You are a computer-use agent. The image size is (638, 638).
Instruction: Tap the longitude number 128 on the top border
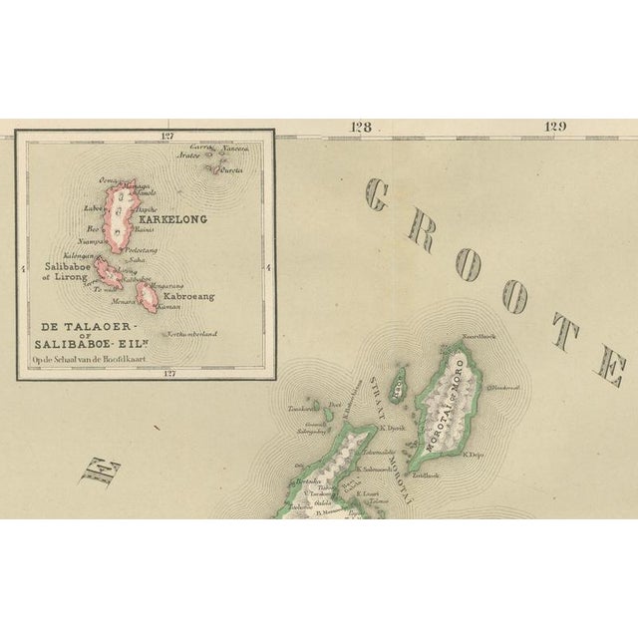click(360, 127)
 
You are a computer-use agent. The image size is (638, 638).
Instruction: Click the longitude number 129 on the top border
click(554, 127)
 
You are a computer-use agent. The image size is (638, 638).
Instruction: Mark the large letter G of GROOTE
click(377, 196)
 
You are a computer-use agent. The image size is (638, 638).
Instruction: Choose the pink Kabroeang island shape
click(149, 296)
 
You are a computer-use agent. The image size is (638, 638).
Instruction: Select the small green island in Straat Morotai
click(398, 379)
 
